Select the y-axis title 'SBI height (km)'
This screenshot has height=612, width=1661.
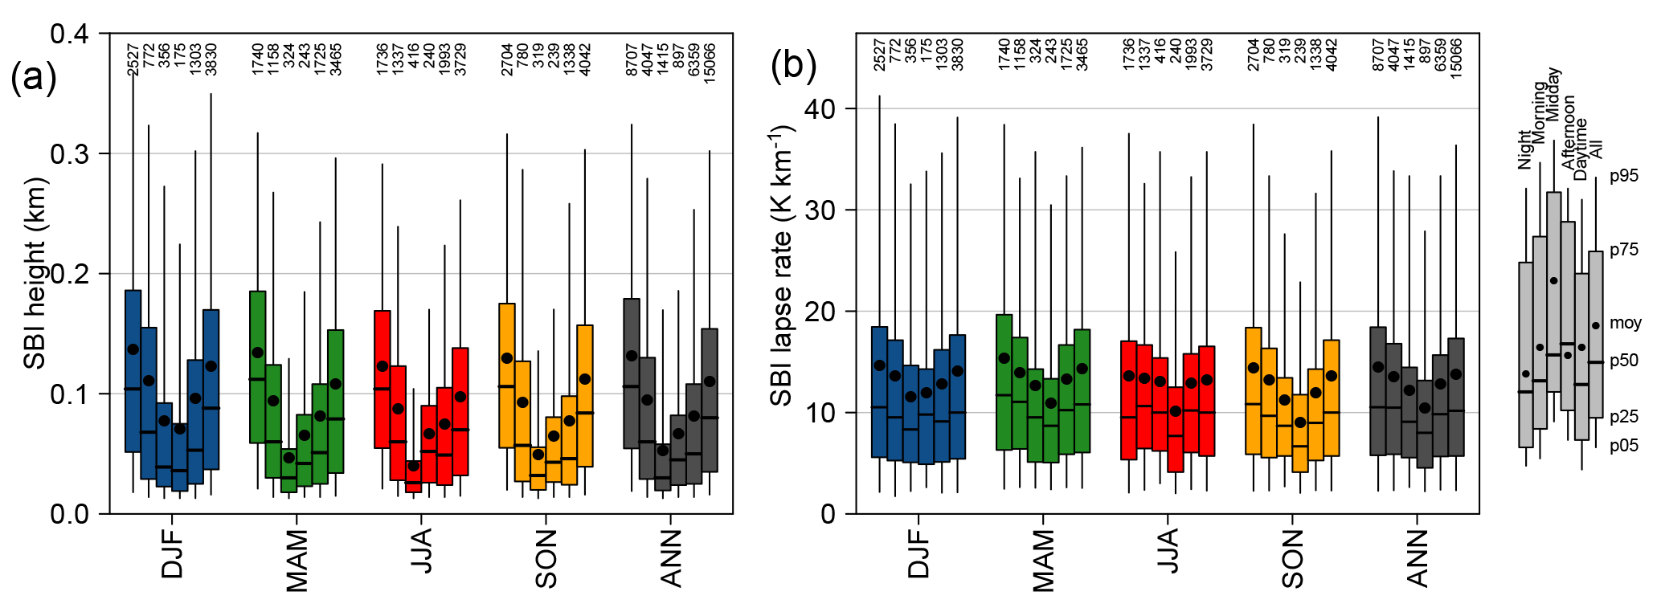(x=35, y=273)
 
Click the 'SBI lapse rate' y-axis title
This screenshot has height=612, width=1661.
(x=783, y=265)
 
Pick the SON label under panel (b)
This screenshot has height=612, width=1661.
(x=1291, y=559)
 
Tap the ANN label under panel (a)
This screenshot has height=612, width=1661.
(x=670, y=558)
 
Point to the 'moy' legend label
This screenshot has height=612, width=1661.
(x=1626, y=323)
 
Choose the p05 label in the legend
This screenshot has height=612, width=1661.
(x=1623, y=446)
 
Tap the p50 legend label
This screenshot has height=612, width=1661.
(x=1623, y=361)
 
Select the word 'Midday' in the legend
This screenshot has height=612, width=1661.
(x=1553, y=95)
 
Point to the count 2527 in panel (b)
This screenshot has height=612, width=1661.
(x=880, y=55)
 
